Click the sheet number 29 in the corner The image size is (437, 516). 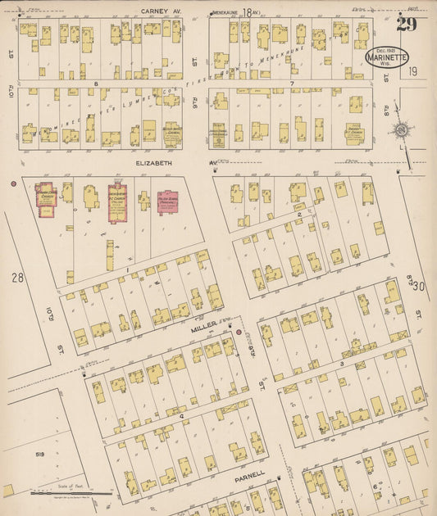tap(406, 23)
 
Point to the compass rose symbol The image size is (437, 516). tap(400, 130)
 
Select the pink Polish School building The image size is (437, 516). tap(169, 201)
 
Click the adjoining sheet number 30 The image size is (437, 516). tap(421, 285)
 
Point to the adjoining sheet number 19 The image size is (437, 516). tap(413, 72)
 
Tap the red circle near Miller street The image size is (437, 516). tap(239, 333)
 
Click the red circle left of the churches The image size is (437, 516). tap(14, 183)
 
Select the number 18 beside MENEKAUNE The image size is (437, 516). tap(247, 12)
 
